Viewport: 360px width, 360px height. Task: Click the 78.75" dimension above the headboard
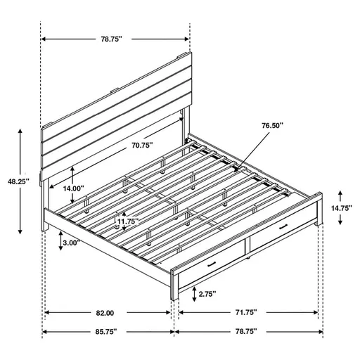tap(115, 39)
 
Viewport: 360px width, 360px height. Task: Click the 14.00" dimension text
tap(72, 188)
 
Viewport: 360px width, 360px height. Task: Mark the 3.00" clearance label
tap(71, 243)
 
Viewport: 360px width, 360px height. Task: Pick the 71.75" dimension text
tap(245, 311)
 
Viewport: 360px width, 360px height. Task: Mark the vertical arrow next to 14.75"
tap(340, 208)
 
